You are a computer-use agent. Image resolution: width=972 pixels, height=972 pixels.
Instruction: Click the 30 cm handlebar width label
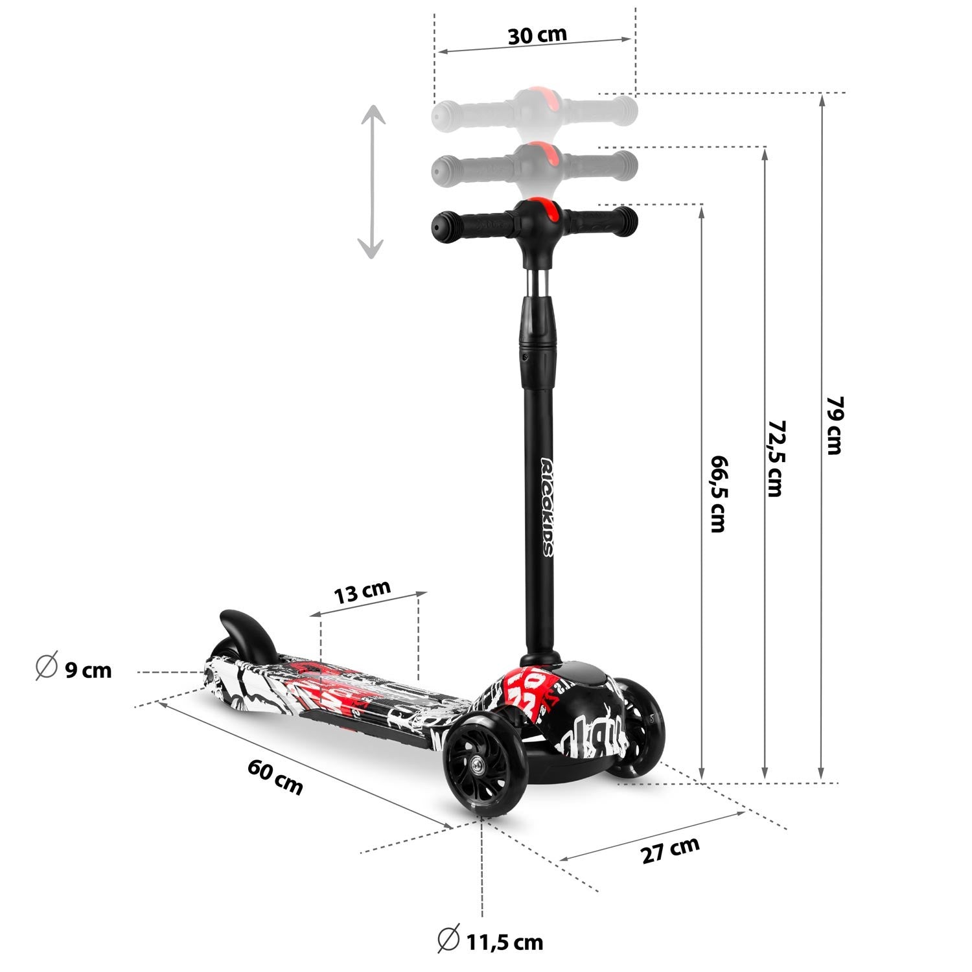click(537, 35)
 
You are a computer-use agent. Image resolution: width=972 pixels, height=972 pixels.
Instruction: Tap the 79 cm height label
click(835, 425)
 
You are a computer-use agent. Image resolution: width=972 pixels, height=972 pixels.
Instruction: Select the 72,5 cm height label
click(775, 458)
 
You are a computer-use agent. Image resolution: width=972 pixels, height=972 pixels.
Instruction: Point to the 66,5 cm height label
click(718, 492)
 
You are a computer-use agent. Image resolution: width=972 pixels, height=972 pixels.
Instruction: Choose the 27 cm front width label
click(671, 850)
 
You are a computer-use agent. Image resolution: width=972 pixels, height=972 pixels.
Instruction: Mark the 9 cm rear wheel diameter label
click(74, 669)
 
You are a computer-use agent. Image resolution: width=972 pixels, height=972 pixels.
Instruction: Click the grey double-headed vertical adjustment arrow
click(372, 183)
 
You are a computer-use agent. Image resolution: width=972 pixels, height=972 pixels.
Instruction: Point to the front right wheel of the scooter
click(636, 726)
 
